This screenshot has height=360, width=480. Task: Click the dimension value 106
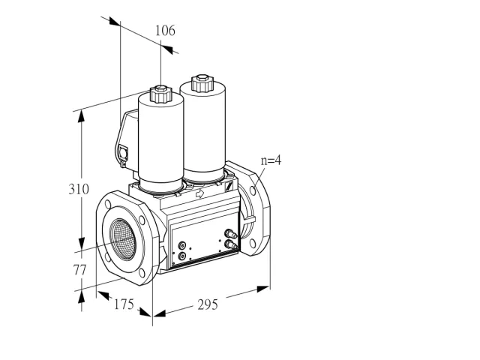coord(165,31)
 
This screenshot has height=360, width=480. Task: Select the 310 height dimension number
coord(79,189)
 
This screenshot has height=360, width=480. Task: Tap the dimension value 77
coord(79,270)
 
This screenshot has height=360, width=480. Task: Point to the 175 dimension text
coord(124,304)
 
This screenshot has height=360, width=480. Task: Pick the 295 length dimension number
coord(208,305)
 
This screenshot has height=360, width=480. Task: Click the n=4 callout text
coord(271,160)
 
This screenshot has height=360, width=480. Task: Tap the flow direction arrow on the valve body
coord(200,193)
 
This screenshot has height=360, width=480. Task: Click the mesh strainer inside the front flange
coord(123,239)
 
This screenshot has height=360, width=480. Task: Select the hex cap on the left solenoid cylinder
coord(160,94)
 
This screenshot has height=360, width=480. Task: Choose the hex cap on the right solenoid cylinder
coord(202,83)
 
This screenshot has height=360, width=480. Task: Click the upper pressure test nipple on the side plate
coord(230,234)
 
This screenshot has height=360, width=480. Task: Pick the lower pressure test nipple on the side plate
coord(230,244)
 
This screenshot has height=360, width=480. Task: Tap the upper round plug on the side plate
coord(182,245)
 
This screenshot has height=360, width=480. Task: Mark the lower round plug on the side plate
coord(182,256)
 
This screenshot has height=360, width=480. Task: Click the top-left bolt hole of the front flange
coord(108,204)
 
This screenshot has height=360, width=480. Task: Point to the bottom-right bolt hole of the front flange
coord(142,273)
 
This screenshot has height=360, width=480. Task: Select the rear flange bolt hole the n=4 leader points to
coord(253,190)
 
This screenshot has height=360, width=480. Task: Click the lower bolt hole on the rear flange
coord(253,244)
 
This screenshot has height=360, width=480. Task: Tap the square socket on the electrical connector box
coord(123,152)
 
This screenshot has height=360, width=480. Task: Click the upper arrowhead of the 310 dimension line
coord(81,116)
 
